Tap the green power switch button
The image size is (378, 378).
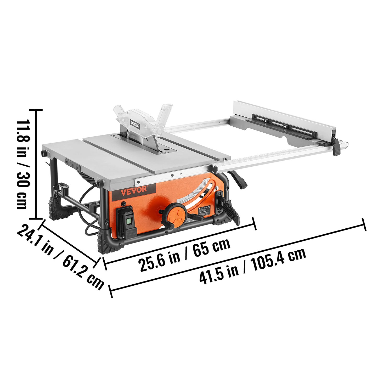[x=128, y=221]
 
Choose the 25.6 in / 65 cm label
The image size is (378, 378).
[x=184, y=253]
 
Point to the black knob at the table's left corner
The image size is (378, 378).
[x=43, y=153]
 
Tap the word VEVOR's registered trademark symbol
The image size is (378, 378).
[x=148, y=186]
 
